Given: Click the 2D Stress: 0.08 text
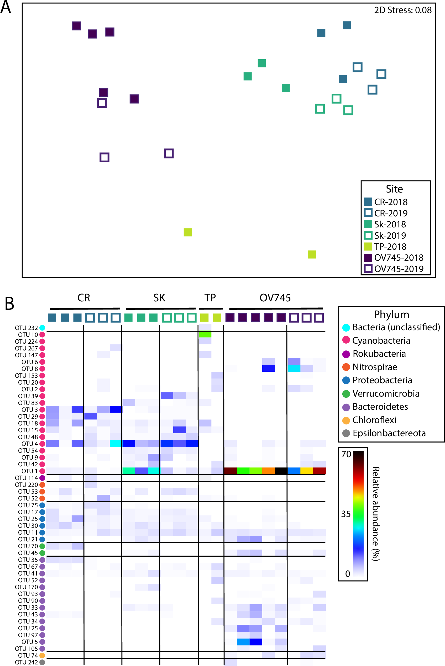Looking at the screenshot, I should tap(402, 10).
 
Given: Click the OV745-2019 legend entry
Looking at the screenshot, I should tap(394, 269).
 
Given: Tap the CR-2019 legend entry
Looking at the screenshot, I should tap(386, 213).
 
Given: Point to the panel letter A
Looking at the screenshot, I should tap(6, 7).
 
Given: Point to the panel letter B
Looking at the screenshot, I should tap(9, 304).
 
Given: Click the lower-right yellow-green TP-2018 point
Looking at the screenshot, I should tap(312, 254).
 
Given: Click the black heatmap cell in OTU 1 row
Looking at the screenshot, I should tap(281, 471).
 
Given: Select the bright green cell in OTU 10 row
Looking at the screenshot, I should tap(205, 334).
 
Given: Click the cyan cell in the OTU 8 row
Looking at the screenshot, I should tap(294, 368).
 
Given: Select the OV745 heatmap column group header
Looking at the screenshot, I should tap(275, 298).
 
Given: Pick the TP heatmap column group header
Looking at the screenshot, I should tap(210, 298).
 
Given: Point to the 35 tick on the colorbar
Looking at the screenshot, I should tap(346, 514).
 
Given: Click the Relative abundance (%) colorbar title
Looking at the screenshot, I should tap(376, 514).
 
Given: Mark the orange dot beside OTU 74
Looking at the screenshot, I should tap(42, 655).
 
